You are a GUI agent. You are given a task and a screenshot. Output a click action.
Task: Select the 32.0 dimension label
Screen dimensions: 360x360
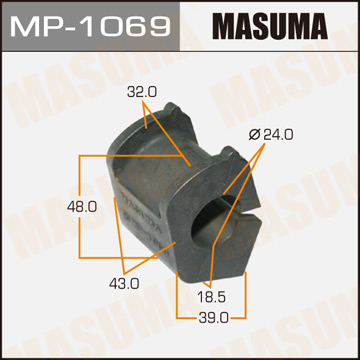142,92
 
